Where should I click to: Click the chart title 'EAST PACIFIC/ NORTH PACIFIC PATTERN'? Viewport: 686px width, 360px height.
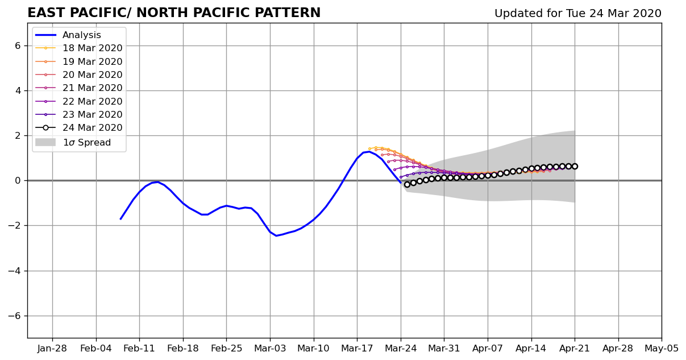(x=174, y=13)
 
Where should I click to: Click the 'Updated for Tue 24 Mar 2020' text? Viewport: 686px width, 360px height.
(x=578, y=14)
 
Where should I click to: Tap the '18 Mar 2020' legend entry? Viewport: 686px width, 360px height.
(x=78, y=48)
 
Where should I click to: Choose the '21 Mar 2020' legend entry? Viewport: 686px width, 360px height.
(x=78, y=88)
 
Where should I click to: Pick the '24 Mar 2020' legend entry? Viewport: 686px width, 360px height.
(x=78, y=128)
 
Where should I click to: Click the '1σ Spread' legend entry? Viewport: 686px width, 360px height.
(x=73, y=143)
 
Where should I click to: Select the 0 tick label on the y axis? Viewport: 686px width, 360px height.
(x=17, y=181)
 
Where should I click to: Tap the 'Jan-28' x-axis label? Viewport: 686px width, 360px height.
(x=52, y=349)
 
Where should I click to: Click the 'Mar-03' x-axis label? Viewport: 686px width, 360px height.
(x=270, y=349)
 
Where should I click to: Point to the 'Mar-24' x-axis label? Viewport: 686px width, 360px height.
(x=401, y=349)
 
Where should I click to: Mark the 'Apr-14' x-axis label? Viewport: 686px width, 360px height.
(x=531, y=349)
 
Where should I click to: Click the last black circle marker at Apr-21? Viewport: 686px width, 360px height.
(x=575, y=167)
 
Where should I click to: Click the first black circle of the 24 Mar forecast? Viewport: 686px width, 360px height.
(x=407, y=184)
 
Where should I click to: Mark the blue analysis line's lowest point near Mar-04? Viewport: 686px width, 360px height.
(x=276, y=235)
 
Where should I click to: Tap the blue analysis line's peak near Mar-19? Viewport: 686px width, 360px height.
(x=369, y=151)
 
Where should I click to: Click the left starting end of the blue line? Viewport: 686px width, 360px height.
(x=120, y=220)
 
